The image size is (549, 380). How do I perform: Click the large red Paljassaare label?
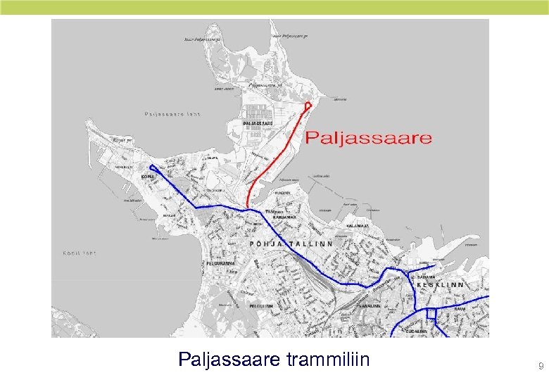click(368, 137)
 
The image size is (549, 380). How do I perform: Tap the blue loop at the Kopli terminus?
click(154, 169)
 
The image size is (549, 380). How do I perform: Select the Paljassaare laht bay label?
click(172, 113)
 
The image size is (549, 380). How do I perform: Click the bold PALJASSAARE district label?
click(258, 123)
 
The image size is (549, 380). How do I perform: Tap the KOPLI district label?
click(148, 176)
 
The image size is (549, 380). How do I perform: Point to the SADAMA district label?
click(427, 277)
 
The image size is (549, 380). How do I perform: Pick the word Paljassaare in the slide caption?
click(231, 360)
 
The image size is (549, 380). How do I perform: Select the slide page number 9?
click(541, 366)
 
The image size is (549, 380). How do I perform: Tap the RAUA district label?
click(460, 308)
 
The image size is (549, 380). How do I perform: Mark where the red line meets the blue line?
click(248, 209)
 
